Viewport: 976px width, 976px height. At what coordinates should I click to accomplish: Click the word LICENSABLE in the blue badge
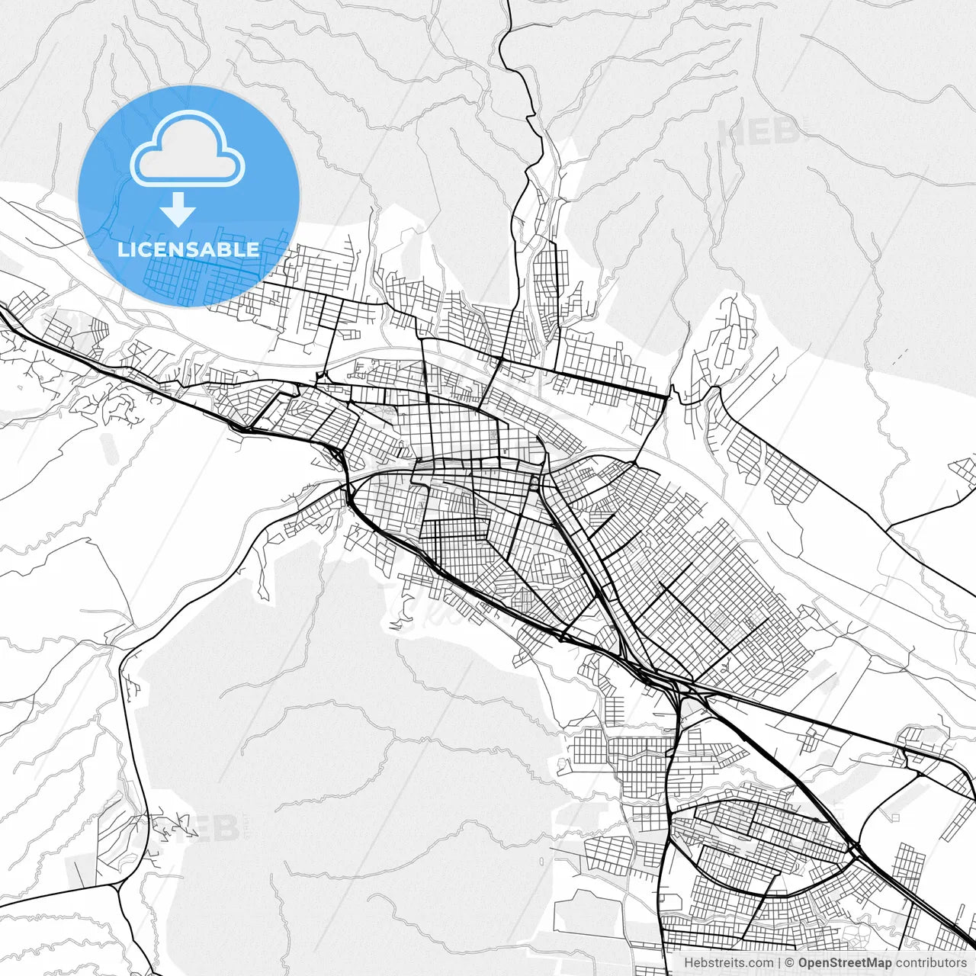[x=188, y=249]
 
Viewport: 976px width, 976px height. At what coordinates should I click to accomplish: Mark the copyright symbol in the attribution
[x=791, y=963]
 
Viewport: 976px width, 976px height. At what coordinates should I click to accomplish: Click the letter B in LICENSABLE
[x=225, y=249]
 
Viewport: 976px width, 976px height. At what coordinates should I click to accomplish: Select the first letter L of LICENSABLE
[x=122, y=249]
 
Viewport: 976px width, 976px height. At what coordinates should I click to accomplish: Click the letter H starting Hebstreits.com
[x=688, y=963]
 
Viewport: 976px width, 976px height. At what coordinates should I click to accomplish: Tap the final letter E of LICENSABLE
[x=254, y=249]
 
